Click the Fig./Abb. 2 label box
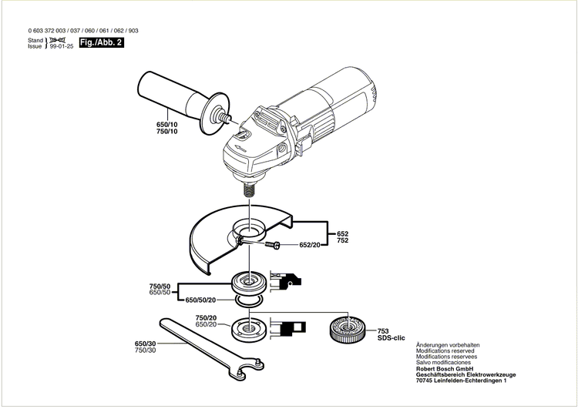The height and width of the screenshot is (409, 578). point(102,44)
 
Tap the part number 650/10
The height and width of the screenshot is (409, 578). point(166,125)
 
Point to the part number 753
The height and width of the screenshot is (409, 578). point(383,330)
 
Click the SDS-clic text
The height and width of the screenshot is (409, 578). point(391,339)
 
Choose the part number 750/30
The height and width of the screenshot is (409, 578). point(145,350)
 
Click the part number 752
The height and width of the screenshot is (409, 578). point(343,240)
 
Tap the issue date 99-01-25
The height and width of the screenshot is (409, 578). point(62,47)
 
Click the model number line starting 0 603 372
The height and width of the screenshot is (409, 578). point(83,31)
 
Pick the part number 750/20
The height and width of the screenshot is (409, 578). point(205,318)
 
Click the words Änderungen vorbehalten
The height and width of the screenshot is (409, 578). point(449,344)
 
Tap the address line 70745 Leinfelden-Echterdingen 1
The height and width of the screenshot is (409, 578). point(461,381)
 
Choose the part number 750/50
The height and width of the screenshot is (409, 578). point(160,286)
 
